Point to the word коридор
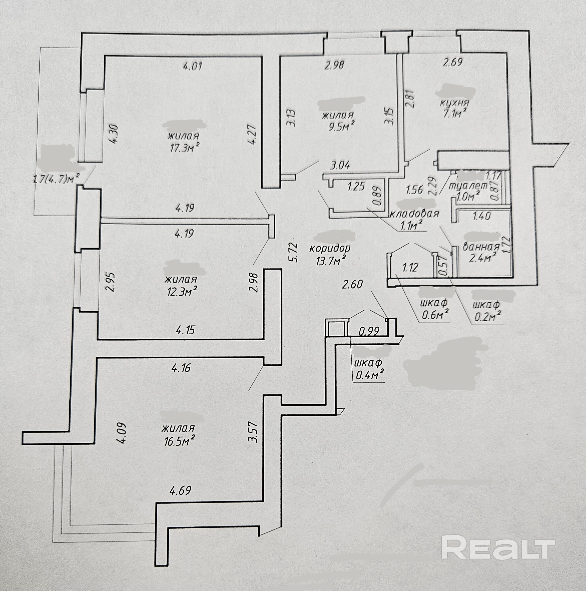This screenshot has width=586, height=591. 330,248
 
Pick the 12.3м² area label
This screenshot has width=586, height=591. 181,292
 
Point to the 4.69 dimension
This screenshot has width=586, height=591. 180,490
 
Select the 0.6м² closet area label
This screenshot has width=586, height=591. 435,315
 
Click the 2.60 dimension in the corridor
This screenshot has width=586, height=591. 352,285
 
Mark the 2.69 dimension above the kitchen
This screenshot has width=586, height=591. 453,62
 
